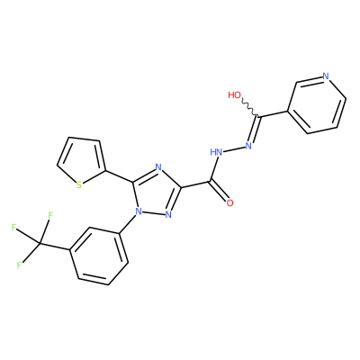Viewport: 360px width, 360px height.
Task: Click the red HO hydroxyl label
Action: pyautogui.click(x=234, y=95)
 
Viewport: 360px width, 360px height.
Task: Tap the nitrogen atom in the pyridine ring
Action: pyautogui.click(x=326, y=76)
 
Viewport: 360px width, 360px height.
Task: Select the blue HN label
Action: pyautogui.click(x=216, y=152)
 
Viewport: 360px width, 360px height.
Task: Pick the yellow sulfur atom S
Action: pyautogui.click(x=78, y=184)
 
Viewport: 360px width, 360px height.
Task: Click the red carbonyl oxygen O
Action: pyautogui.click(x=229, y=203)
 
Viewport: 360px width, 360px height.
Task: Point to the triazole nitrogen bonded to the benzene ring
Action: pyautogui.click(x=138, y=211)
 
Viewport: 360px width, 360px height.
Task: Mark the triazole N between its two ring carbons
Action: pyautogui.click(x=158, y=167)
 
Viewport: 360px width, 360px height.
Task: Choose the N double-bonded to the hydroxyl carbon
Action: pyautogui.click(x=248, y=146)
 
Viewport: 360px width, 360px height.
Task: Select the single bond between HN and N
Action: pyautogui.click(x=234, y=149)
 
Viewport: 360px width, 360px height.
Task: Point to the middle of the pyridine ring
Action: pyautogui.click(x=317, y=105)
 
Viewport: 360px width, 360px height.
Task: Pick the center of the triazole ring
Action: pyautogui.click(x=156, y=192)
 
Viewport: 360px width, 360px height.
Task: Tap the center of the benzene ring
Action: pyautogui.click(x=99, y=256)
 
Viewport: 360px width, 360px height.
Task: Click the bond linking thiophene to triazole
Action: pyautogui.click(x=119, y=176)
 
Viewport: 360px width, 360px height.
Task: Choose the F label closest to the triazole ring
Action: pyautogui.click(x=50, y=215)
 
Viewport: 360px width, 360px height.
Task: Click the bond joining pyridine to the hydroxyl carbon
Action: pyautogui.click(x=274, y=114)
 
